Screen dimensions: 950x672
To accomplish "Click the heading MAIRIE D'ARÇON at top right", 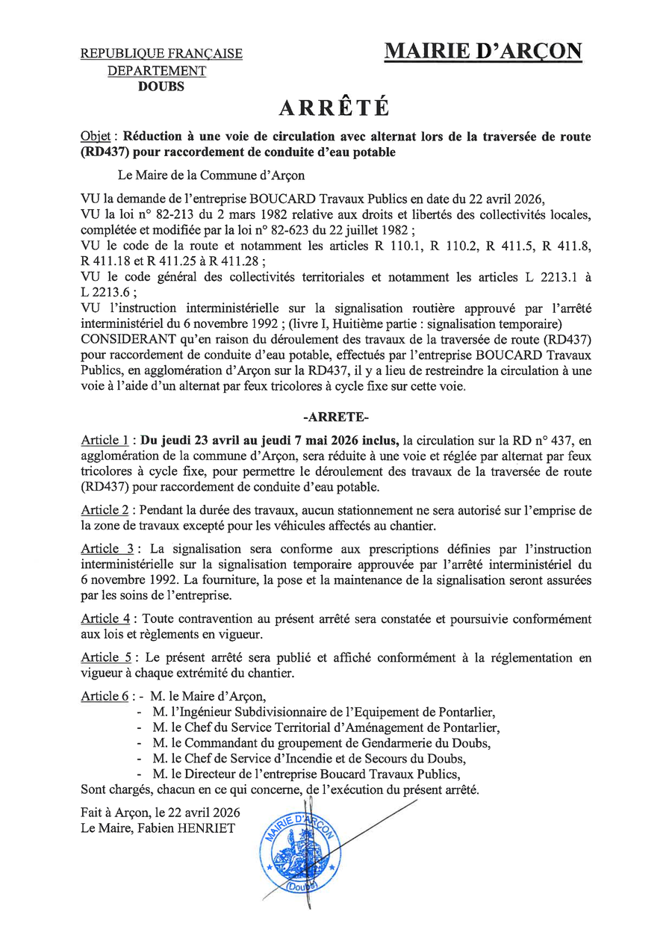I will click(483, 52).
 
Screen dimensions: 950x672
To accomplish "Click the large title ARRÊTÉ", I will click(335, 108).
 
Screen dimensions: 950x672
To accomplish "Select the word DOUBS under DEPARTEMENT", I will click(161, 86).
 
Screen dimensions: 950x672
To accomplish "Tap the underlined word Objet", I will click(96, 137).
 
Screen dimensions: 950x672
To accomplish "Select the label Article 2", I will click(105, 510).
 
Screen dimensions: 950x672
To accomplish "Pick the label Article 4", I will click(105, 618).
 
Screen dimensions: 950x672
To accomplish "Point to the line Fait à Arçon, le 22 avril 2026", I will click(161, 812).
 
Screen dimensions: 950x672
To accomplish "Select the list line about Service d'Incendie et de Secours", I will click(309, 759).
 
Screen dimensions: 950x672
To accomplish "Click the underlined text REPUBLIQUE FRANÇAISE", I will click(161, 54).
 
